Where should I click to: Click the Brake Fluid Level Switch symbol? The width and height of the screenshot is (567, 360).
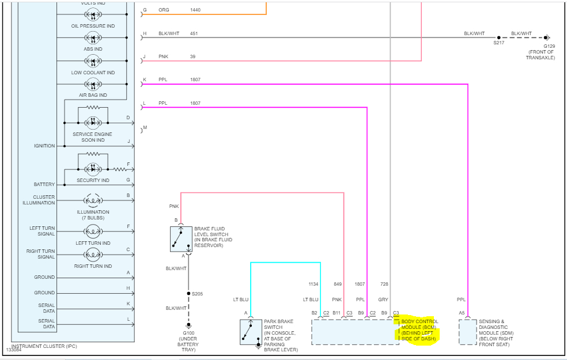[181, 239]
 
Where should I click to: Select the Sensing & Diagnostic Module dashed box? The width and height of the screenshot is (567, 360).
[467, 332]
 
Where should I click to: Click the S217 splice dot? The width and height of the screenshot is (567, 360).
[498, 37]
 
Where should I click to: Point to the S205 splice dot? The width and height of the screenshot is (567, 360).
[188, 294]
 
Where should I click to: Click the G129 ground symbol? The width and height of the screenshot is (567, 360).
[547, 37]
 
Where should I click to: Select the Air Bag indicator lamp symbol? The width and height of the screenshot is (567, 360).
[93, 86]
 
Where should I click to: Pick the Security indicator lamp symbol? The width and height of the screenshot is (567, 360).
[93, 169]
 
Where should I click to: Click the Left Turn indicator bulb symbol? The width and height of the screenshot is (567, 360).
[93, 232]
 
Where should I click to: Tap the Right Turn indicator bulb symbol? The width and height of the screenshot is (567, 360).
[93, 255]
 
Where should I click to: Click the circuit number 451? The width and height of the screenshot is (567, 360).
[194, 33]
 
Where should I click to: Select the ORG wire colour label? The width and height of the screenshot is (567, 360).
[164, 10]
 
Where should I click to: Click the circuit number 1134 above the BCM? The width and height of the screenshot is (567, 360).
[313, 284]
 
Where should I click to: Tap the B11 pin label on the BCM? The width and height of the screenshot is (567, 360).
[337, 313]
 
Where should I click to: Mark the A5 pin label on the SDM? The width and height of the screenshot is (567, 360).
[462, 313]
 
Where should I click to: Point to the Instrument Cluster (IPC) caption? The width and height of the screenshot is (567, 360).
[44, 346]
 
